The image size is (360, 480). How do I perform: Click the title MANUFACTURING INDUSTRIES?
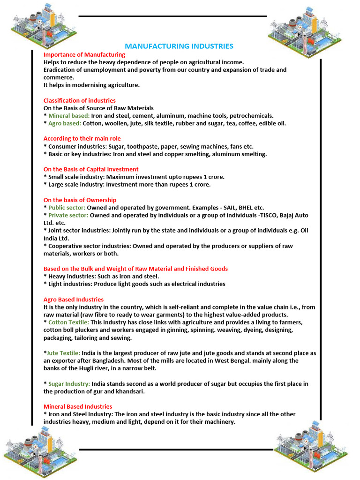(179, 46)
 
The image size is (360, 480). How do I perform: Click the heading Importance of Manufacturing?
(84, 54)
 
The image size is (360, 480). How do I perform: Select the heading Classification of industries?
(79, 100)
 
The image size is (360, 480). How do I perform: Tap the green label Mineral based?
(69, 116)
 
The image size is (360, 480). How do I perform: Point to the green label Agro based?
(65, 123)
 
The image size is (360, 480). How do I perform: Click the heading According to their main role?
(82, 138)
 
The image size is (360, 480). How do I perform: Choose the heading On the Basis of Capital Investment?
(91, 169)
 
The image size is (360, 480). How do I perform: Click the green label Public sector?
(67, 208)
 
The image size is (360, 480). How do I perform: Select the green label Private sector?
(68, 215)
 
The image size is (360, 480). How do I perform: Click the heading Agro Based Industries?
(74, 299)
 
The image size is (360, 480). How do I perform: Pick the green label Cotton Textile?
(68, 322)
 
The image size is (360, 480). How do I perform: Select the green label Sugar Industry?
(69, 384)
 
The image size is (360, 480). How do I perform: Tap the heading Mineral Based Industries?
(78, 406)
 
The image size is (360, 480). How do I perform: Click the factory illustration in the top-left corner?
(44, 26)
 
